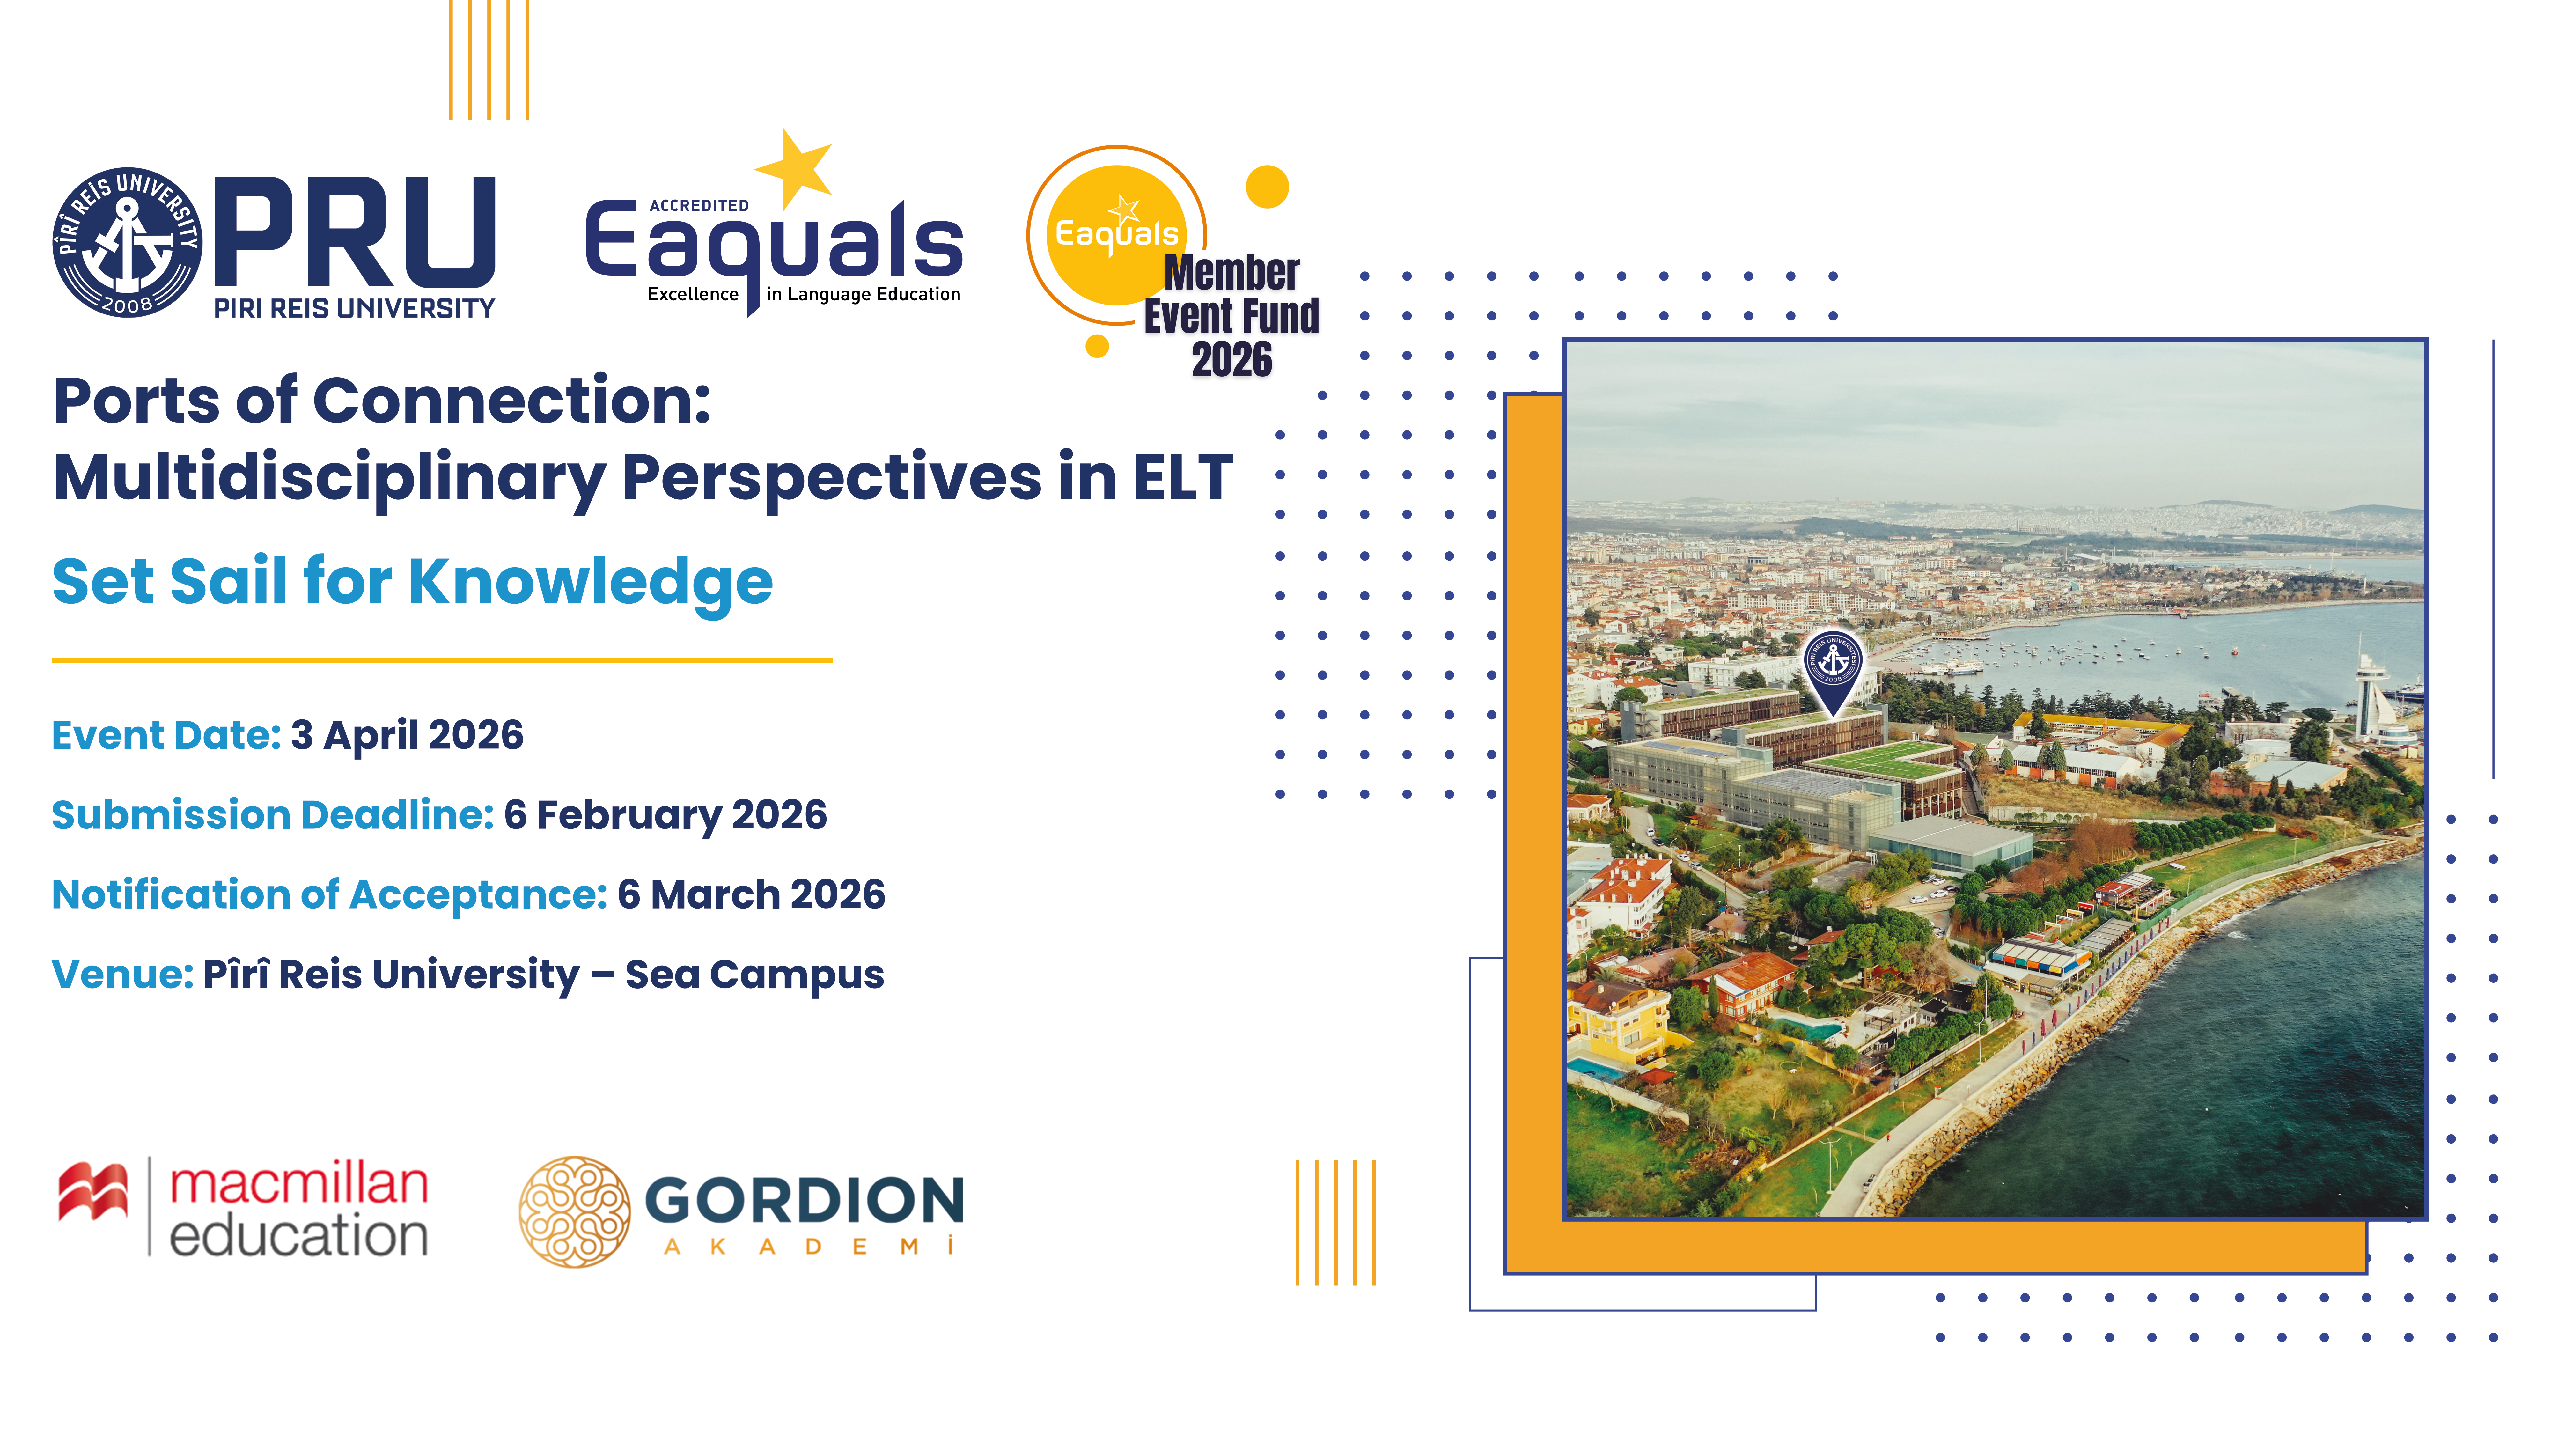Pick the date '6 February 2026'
pos(665,815)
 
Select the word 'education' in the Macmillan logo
pos(299,1235)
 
